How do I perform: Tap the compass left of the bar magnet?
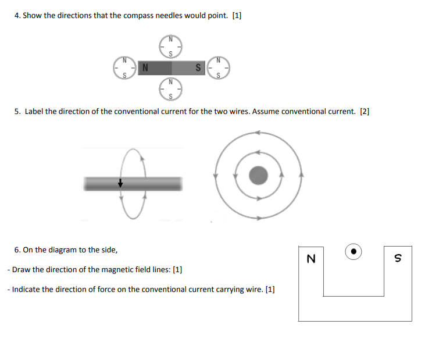point(123,67)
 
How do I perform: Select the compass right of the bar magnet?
point(219,67)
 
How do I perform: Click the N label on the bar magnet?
point(145,67)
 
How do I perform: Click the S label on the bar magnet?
point(199,67)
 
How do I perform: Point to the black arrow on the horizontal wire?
point(120,183)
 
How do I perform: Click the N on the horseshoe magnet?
point(310,259)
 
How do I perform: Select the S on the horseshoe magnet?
point(398,258)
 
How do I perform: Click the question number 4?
point(17,16)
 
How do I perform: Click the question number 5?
point(17,111)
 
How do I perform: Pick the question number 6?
point(17,250)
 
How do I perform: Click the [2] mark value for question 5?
point(365,111)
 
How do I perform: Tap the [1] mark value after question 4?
point(237,16)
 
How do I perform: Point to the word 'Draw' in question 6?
point(22,270)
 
